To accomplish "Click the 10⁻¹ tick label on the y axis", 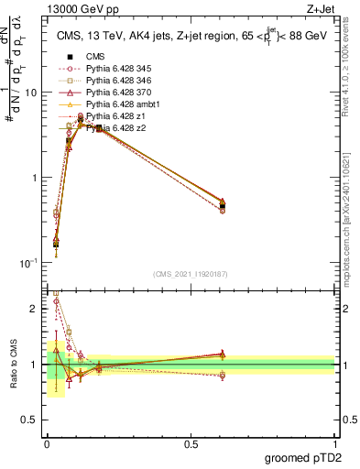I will coord(28,263).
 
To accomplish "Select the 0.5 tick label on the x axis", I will coord(191,442).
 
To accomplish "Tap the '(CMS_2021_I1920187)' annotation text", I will coord(191,273).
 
